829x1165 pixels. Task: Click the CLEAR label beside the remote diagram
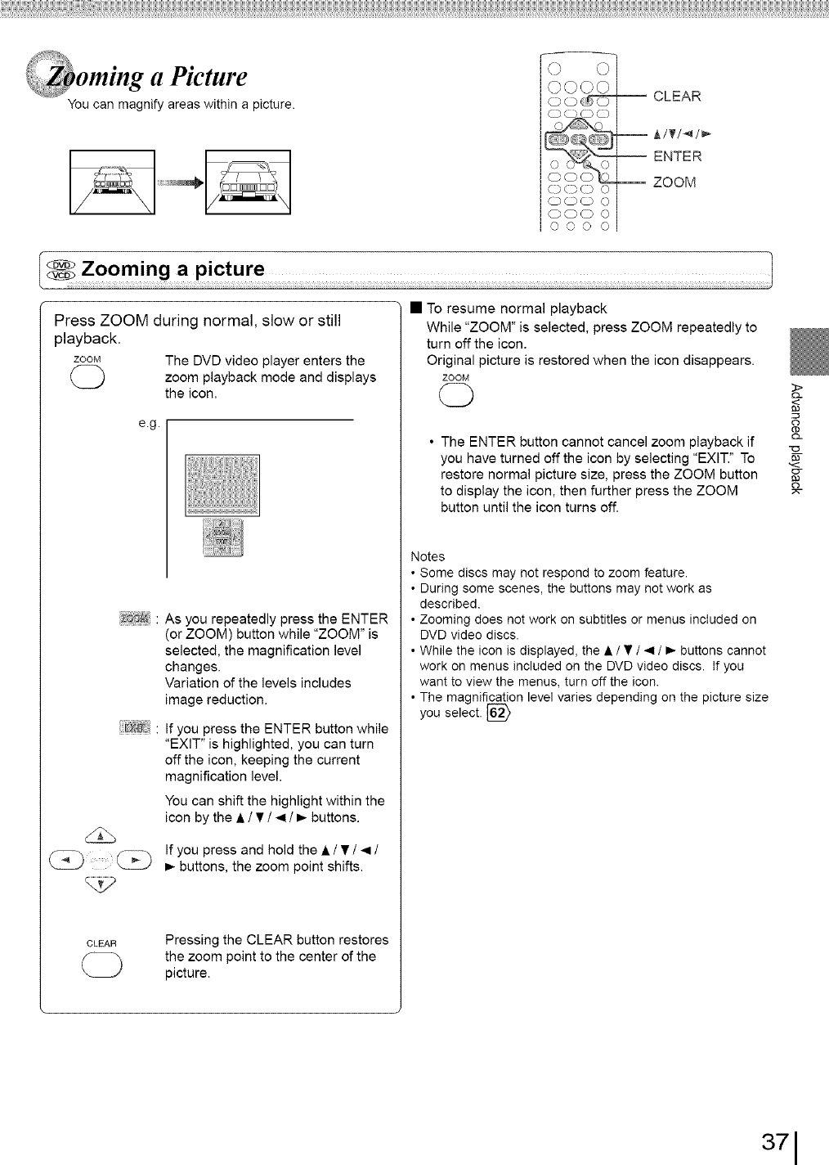(678, 97)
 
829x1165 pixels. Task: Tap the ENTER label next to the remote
(677, 156)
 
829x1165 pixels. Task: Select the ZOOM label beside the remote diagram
(674, 182)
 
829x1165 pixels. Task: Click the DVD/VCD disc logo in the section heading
(61, 271)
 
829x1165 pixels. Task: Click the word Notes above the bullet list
(428, 557)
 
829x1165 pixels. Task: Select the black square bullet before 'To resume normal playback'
(415, 308)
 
